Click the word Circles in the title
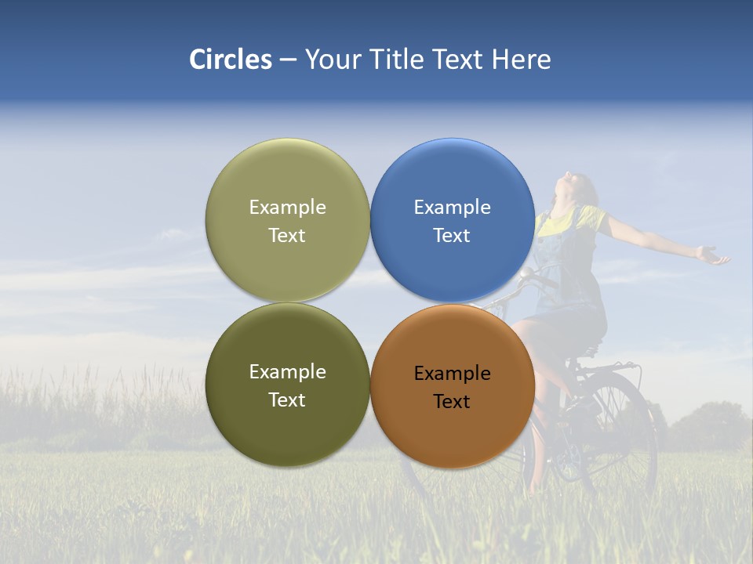pos(230,60)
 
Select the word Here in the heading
pos(522,60)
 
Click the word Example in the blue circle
pos(452,208)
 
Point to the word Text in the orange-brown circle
pos(452,402)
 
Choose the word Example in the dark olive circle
pos(287,372)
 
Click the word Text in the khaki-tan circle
pos(287,236)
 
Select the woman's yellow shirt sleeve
pos(596,219)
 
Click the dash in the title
pos(288,60)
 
